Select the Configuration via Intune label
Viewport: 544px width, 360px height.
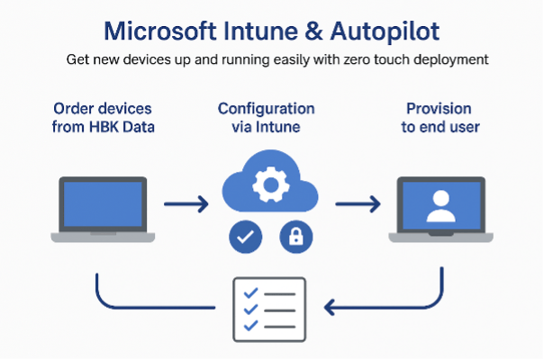tap(267, 118)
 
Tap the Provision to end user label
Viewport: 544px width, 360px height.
tap(440, 118)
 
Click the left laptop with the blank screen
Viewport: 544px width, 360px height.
tap(101, 208)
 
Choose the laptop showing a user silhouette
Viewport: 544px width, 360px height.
tap(440, 208)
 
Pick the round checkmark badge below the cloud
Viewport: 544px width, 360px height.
tap(245, 237)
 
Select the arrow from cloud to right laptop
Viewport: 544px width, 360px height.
tap(357, 206)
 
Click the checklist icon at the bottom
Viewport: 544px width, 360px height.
tap(269, 307)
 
